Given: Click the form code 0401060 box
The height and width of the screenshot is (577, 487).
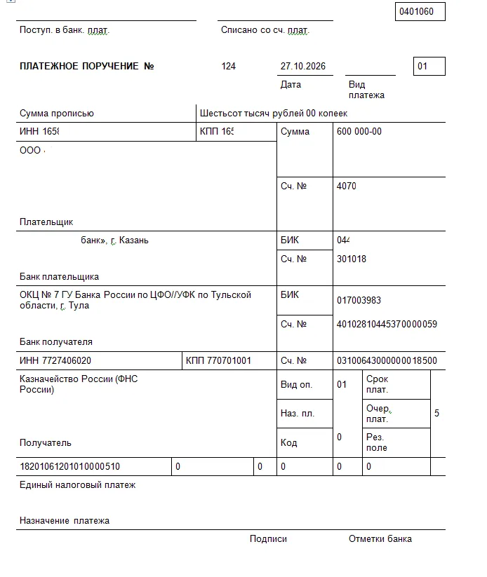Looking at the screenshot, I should coord(420,12).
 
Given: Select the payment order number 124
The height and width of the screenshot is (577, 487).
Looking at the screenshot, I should coord(229,67).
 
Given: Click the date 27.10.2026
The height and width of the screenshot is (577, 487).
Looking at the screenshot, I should coord(303,67).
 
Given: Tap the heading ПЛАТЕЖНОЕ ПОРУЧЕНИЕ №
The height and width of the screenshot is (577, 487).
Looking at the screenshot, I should coord(87,67).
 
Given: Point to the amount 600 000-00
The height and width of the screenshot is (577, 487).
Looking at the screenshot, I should coord(359,132).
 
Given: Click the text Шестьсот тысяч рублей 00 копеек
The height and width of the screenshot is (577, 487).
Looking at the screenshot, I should coord(274,114).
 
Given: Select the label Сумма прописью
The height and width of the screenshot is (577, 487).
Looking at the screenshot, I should coord(57,114).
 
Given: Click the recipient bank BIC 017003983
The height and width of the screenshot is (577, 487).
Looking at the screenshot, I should coord(359,300).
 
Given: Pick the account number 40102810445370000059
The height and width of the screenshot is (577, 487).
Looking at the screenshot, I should coord(387,324).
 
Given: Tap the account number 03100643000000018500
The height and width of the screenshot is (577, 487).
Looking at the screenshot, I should coord(387,361).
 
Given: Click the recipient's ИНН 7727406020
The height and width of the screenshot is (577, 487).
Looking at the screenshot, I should coord(55,361).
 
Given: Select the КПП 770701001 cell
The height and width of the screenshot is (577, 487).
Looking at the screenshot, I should coord(218,361).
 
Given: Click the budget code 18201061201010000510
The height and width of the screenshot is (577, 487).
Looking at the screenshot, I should coord(69,466).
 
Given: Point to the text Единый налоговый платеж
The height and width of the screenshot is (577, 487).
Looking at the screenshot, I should coord(77,485).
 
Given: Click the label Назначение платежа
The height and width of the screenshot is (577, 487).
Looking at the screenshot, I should coord(65,521).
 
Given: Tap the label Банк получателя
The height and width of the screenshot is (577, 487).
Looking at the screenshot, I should coord(56,342).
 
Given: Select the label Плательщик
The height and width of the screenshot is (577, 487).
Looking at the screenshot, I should coord(46,222).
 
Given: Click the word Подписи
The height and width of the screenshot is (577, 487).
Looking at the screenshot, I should coord(268,539).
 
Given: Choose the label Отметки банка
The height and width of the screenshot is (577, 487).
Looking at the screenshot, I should coord(380,539).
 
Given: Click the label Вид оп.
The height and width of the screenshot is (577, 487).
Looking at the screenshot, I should coord(297,385).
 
